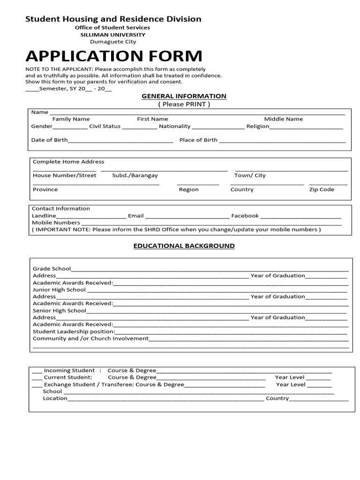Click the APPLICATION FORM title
(114, 56)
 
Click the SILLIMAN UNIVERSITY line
(112, 35)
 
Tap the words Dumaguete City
(112, 42)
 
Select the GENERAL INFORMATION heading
(184, 96)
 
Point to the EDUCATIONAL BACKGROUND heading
(184, 246)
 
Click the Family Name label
(71, 119)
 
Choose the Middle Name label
(283, 119)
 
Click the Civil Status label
(105, 126)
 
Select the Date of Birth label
(49, 140)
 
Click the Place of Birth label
(198, 140)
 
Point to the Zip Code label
(322, 189)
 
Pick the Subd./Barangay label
(135, 175)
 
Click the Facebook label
(245, 216)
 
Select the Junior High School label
(59, 290)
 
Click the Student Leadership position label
(74, 331)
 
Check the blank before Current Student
(37, 378)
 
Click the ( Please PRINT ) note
(184, 104)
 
